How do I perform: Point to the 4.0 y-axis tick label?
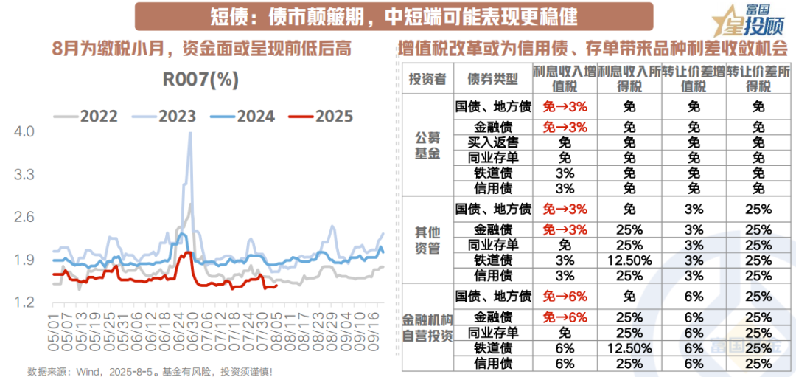click(x=24, y=132)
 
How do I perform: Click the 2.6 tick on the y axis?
click(x=24, y=217)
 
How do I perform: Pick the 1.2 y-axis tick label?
click(x=24, y=302)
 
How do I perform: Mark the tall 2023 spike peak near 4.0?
click(x=190, y=134)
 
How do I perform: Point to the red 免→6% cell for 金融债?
click(x=565, y=316)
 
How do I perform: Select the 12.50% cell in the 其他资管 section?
click(x=628, y=260)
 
